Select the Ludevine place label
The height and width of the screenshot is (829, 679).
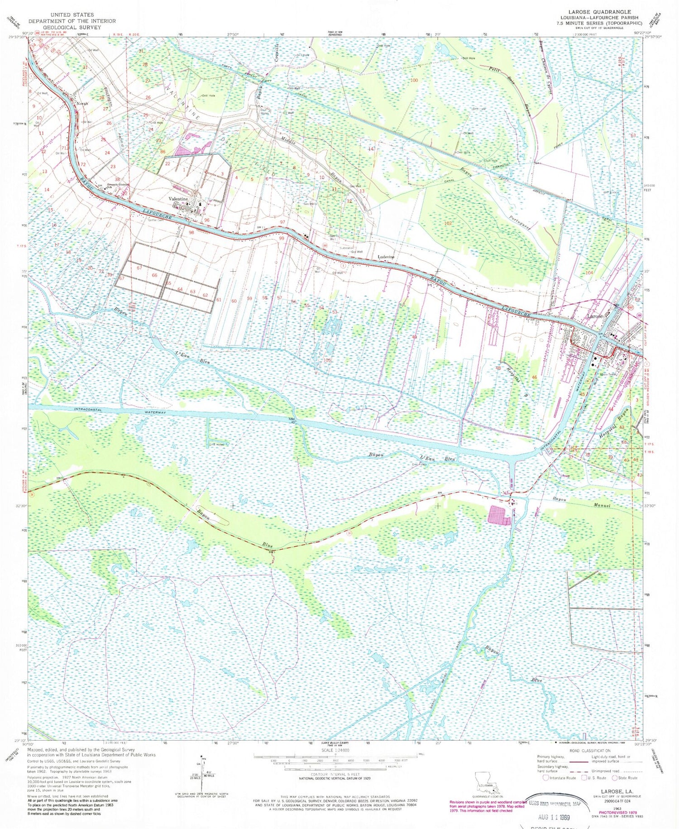tap(386, 257)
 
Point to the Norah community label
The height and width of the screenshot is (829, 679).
tap(82, 103)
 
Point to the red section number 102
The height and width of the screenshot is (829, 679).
tap(448, 223)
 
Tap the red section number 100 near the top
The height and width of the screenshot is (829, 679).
tap(413, 80)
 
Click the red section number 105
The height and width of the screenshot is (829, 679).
tap(327, 360)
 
